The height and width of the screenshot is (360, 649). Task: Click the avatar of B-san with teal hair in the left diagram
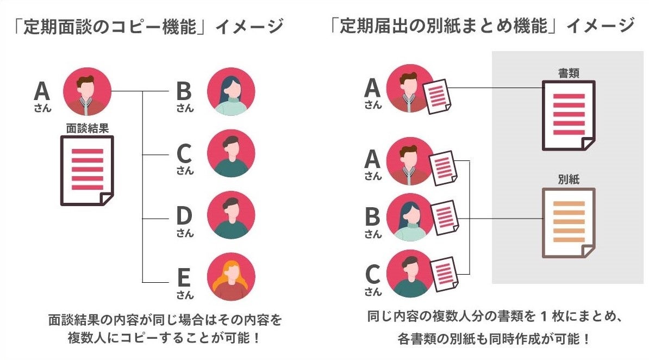(x=231, y=92)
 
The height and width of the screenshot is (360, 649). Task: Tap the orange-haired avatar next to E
(x=231, y=277)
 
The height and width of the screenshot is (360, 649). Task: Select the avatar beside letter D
(x=231, y=215)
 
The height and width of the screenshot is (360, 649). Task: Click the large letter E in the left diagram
(x=184, y=277)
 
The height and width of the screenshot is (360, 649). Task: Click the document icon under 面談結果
(x=87, y=170)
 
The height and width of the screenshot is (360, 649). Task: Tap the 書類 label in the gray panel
(x=569, y=73)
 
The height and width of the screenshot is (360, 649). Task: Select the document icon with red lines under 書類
(x=569, y=115)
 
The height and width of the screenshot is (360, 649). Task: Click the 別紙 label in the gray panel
(x=569, y=179)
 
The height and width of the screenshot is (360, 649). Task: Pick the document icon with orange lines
(x=569, y=221)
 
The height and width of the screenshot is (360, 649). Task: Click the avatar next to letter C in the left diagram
(x=231, y=153)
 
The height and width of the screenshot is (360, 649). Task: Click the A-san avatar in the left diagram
(x=88, y=92)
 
